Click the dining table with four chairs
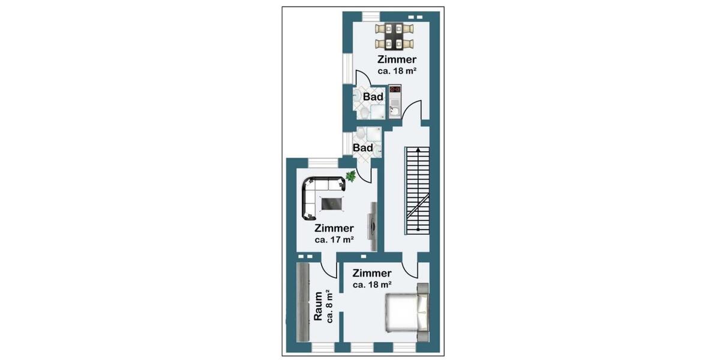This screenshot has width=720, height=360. click(394, 36)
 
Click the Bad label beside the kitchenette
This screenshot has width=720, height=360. click(373, 97)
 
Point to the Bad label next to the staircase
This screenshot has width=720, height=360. click(362, 148)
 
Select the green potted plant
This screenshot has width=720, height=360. click(351, 176)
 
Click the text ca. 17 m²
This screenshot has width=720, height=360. click(334, 239)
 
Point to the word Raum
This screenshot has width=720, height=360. click(318, 307)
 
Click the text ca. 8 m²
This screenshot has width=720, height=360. click(329, 307)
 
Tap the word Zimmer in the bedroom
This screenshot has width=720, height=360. click(372, 274)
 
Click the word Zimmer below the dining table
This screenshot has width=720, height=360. click(397, 59)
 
